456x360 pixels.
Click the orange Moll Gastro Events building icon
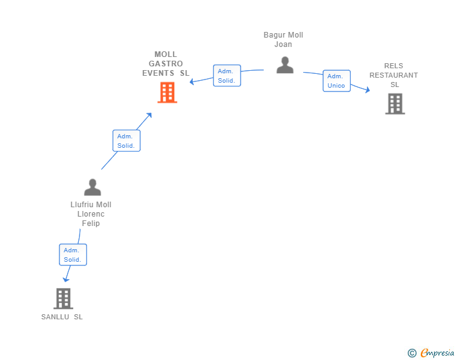click(x=167, y=93)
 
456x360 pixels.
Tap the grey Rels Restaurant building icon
click(x=395, y=104)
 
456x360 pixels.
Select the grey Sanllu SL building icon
click(x=63, y=299)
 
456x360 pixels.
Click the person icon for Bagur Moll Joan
click(x=285, y=65)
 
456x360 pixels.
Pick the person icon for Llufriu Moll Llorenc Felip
click(x=93, y=187)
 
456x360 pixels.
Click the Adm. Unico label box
click(x=336, y=81)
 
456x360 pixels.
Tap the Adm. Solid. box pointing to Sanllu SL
click(x=73, y=255)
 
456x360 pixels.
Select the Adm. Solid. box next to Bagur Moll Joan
click(x=226, y=76)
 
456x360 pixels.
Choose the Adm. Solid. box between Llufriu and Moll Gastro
click(x=126, y=141)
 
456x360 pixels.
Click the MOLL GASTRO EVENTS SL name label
click(x=166, y=64)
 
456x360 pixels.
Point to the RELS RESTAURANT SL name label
click(x=393, y=75)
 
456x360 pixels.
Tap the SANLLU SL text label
click(x=62, y=317)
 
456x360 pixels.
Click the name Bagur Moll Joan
click(x=283, y=39)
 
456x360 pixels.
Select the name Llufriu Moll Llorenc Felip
click(x=91, y=214)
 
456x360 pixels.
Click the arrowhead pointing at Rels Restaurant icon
click(x=368, y=91)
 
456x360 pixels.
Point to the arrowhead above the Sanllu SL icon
click(x=66, y=279)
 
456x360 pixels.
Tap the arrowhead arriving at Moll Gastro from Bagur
click(x=192, y=81)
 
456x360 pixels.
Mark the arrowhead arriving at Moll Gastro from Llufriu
click(x=149, y=115)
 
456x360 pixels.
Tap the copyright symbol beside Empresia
click(x=412, y=353)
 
